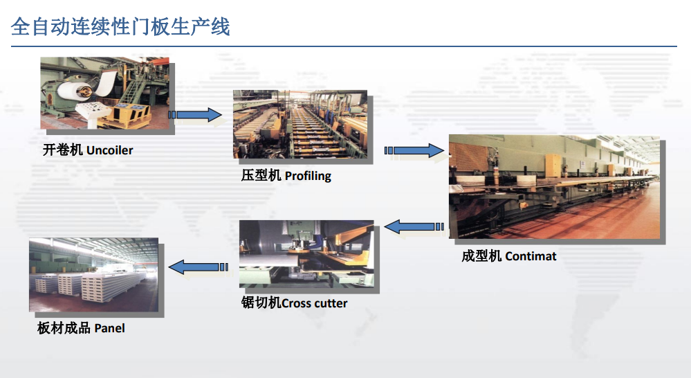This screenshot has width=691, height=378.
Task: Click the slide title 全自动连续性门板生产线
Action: (x=120, y=26)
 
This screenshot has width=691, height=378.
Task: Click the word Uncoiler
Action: (x=110, y=150)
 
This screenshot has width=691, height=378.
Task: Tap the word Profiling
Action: (x=308, y=176)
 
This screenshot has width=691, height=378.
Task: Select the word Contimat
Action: (x=531, y=256)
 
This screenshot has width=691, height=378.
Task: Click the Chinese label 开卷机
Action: (x=62, y=150)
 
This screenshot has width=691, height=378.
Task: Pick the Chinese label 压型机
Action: (x=261, y=176)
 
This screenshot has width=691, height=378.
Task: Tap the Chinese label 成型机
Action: (x=481, y=256)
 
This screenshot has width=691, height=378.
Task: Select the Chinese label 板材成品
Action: (x=64, y=328)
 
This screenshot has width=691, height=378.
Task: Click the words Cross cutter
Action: (x=314, y=303)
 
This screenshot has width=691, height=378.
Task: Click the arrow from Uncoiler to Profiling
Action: (x=195, y=115)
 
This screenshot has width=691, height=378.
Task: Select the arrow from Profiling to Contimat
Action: (x=414, y=151)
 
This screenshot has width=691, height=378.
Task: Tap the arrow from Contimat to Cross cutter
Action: (x=414, y=226)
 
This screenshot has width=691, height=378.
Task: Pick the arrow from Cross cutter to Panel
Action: (x=199, y=267)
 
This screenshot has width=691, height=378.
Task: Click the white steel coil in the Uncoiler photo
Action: (x=75, y=91)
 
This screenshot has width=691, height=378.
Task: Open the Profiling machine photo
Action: (x=300, y=125)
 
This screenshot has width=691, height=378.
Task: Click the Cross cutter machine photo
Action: (x=306, y=254)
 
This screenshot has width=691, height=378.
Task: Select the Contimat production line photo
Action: (x=554, y=186)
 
